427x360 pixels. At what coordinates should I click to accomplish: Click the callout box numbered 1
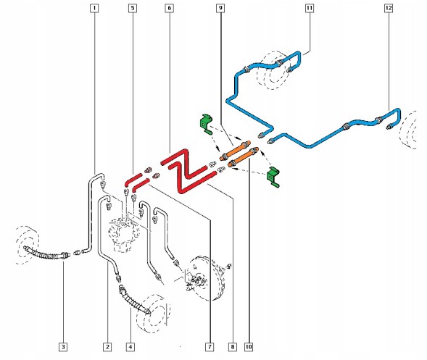[94, 8]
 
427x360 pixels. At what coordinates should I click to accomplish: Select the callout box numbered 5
[133, 8]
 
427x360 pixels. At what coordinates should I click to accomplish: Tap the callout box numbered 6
[169, 8]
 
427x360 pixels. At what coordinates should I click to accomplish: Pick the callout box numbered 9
[220, 8]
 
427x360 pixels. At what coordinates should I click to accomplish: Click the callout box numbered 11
[310, 8]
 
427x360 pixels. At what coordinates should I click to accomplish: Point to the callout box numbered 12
[389, 8]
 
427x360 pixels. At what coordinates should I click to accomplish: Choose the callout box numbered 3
[63, 347]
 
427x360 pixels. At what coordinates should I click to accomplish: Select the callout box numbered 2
[107, 347]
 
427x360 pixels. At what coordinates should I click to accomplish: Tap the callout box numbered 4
[130, 347]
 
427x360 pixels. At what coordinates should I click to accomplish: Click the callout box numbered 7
[210, 347]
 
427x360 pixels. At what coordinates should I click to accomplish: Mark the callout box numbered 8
[233, 347]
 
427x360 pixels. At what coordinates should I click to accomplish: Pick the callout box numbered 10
[249, 347]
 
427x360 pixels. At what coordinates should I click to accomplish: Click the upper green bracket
[206, 124]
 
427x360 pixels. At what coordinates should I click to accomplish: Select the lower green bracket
[273, 177]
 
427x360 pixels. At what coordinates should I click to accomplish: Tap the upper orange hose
[235, 151]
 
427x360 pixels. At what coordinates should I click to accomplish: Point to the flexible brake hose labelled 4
[134, 300]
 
